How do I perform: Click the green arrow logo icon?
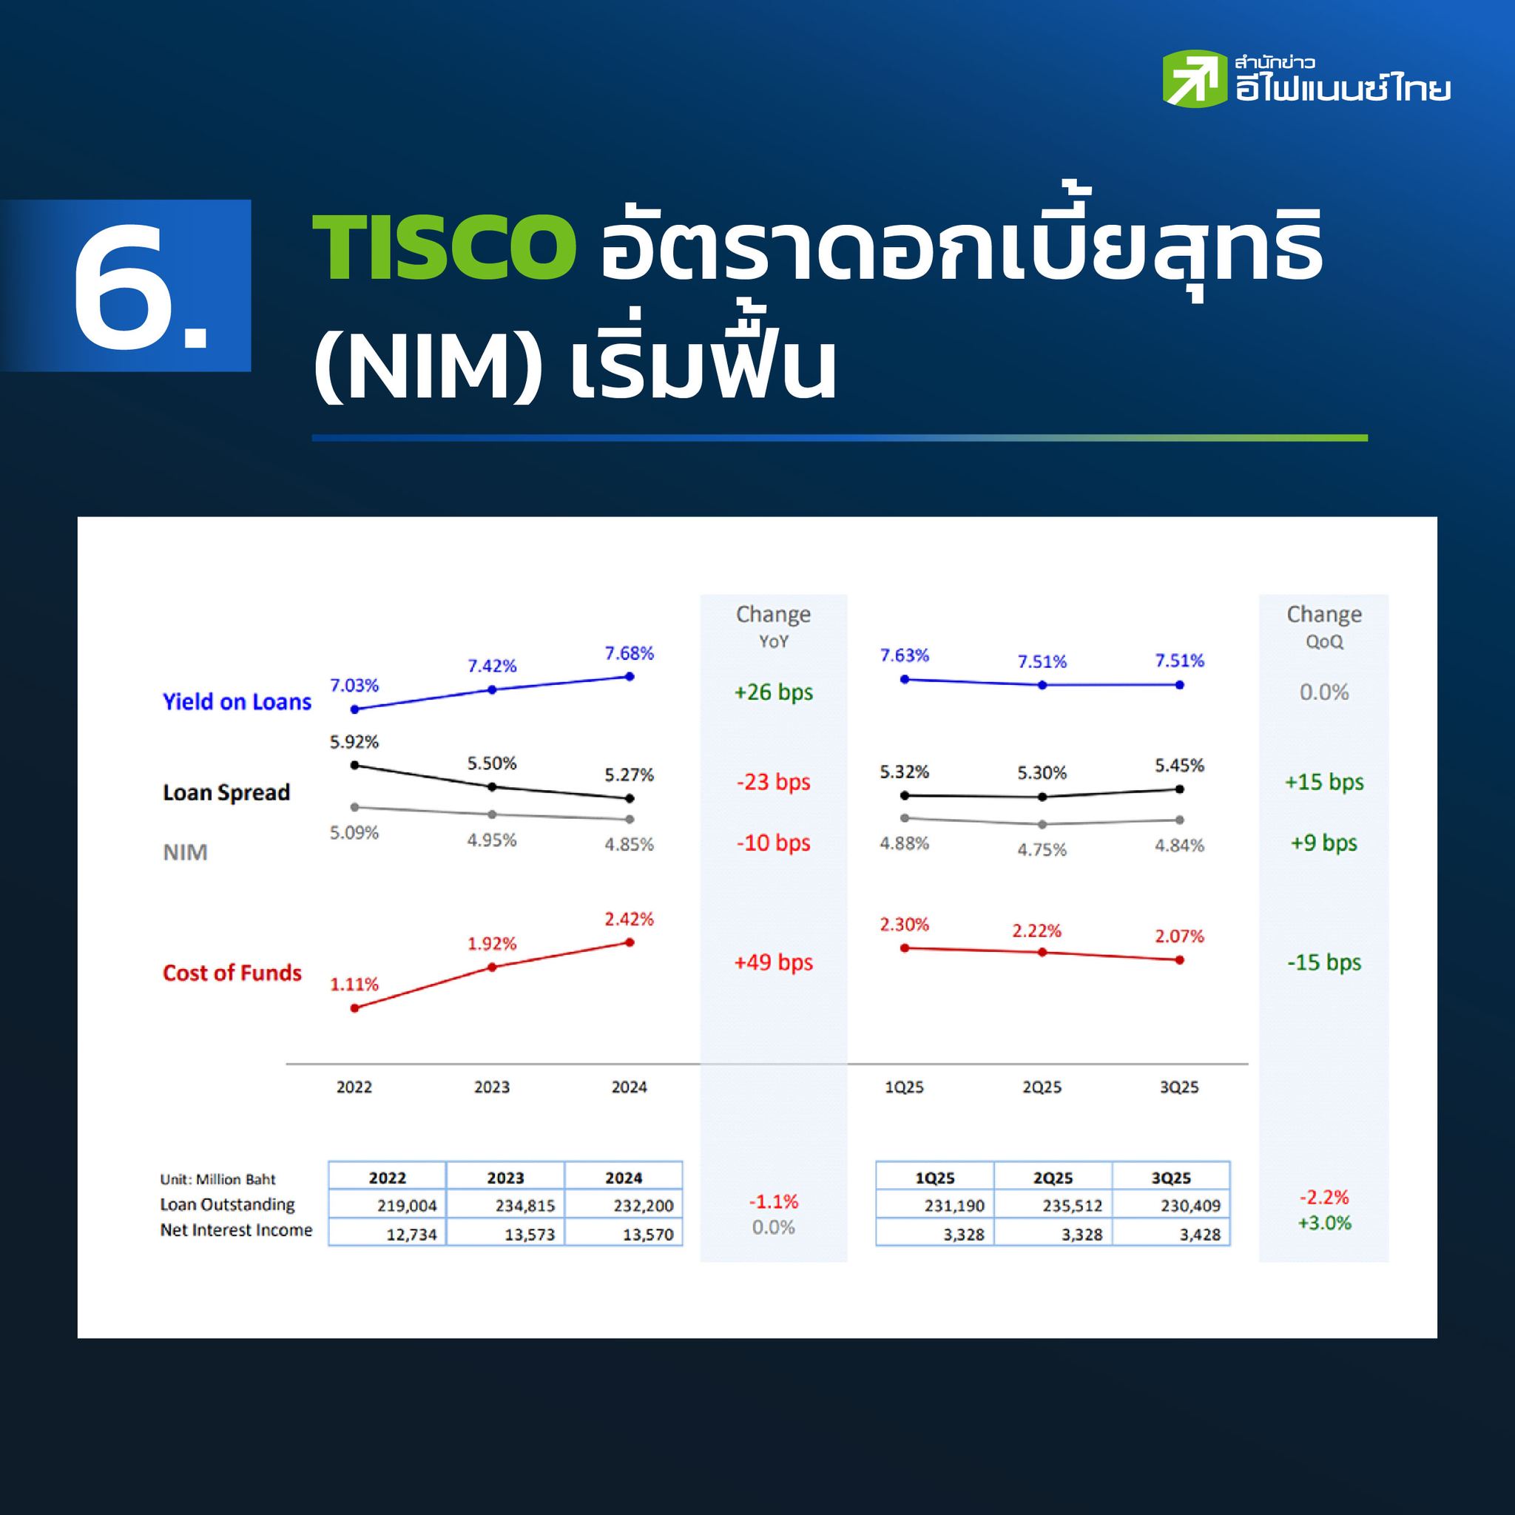pyautogui.click(x=1194, y=78)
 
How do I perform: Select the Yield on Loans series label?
pyautogui.click(x=237, y=702)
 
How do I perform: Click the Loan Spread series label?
pyautogui.click(x=226, y=793)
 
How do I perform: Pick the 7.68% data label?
pyautogui.click(x=629, y=653)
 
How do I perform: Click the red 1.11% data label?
pyautogui.click(x=354, y=984)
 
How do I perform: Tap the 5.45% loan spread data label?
pyautogui.click(x=1179, y=766)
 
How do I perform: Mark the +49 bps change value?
pyautogui.click(x=773, y=962)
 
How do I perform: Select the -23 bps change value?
pyautogui.click(x=773, y=782)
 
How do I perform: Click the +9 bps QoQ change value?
pyautogui.click(x=1323, y=843)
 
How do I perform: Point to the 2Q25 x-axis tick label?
pyautogui.click(x=1042, y=1087)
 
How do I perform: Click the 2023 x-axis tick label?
pyautogui.click(x=492, y=1087)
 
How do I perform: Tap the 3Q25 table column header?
pyautogui.click(x=1172, y=1178)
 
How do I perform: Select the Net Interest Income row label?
pyautogui.click(x=236, y=1229)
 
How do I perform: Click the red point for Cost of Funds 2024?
pyautogui.click(x=630, y=942)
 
